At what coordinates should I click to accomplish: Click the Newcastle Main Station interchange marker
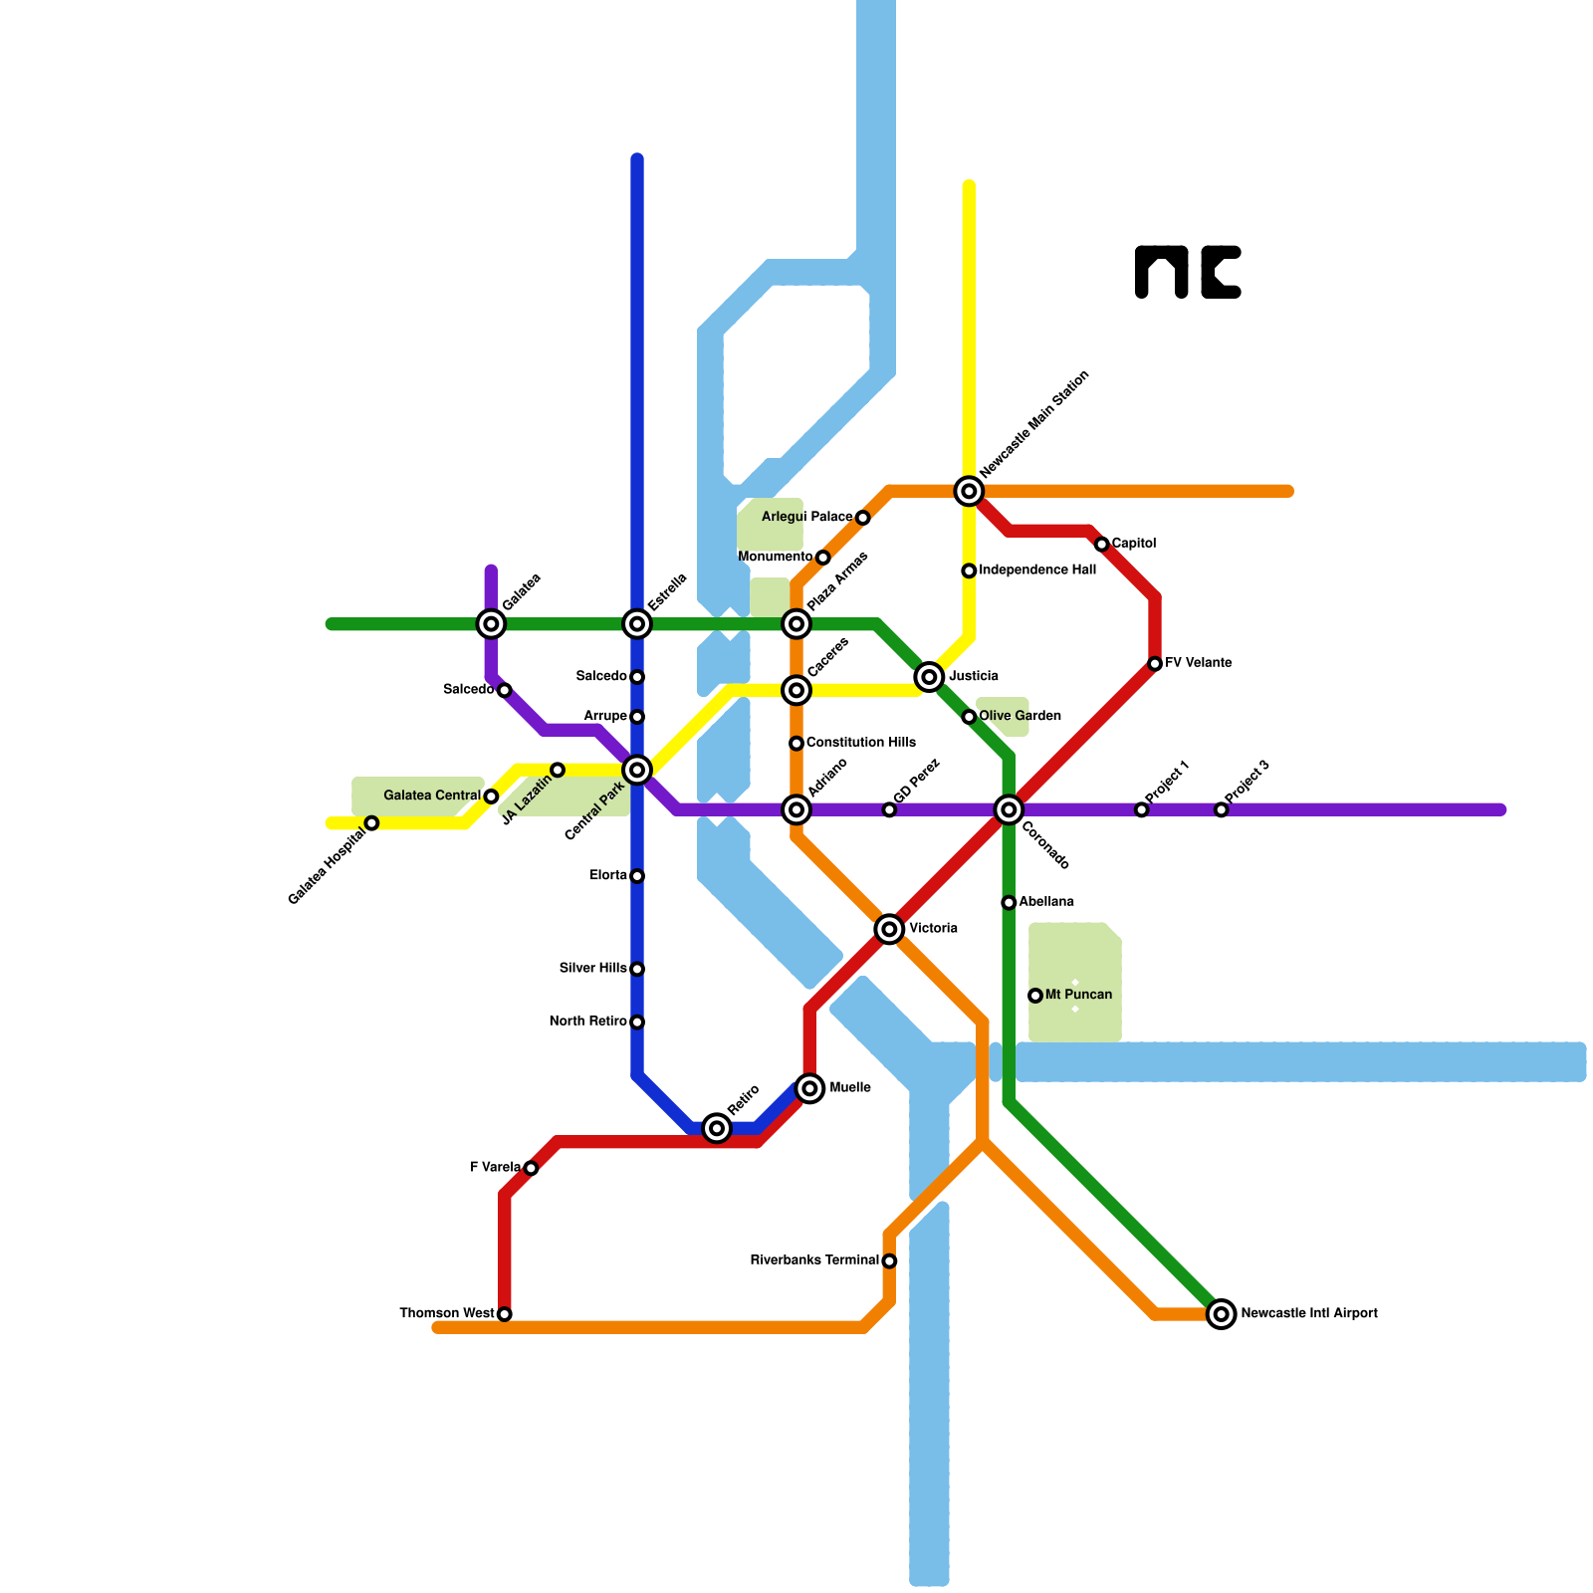coord(969,491)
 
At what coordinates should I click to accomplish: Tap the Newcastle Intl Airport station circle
coord(1221,1314)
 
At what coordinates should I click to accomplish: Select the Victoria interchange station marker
coord(889,929)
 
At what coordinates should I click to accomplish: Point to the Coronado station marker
coord(1009,809)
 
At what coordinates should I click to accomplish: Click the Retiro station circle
coord(717,1128)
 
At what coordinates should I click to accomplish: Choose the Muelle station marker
coord(809,1088)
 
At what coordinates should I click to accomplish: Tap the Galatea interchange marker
coord(491,624)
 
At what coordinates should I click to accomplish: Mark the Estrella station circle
coord(637,624)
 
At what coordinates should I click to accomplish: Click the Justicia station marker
coord(929,677)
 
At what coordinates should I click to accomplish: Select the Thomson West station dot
coord(505,1314)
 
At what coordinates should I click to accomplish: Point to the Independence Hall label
coord(1037,570)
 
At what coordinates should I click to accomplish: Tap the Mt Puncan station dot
coord(1035,996)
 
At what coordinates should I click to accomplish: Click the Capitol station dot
coord(1101,545)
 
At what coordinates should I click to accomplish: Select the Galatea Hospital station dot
coord(371,823)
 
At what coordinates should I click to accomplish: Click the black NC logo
coord(1188,272)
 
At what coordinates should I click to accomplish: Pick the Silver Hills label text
coord(592,969)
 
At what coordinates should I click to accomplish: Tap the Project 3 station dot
coord(1221,809)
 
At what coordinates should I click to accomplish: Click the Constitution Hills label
coord(860,743)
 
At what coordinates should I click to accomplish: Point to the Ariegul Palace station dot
coord(862,518)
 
